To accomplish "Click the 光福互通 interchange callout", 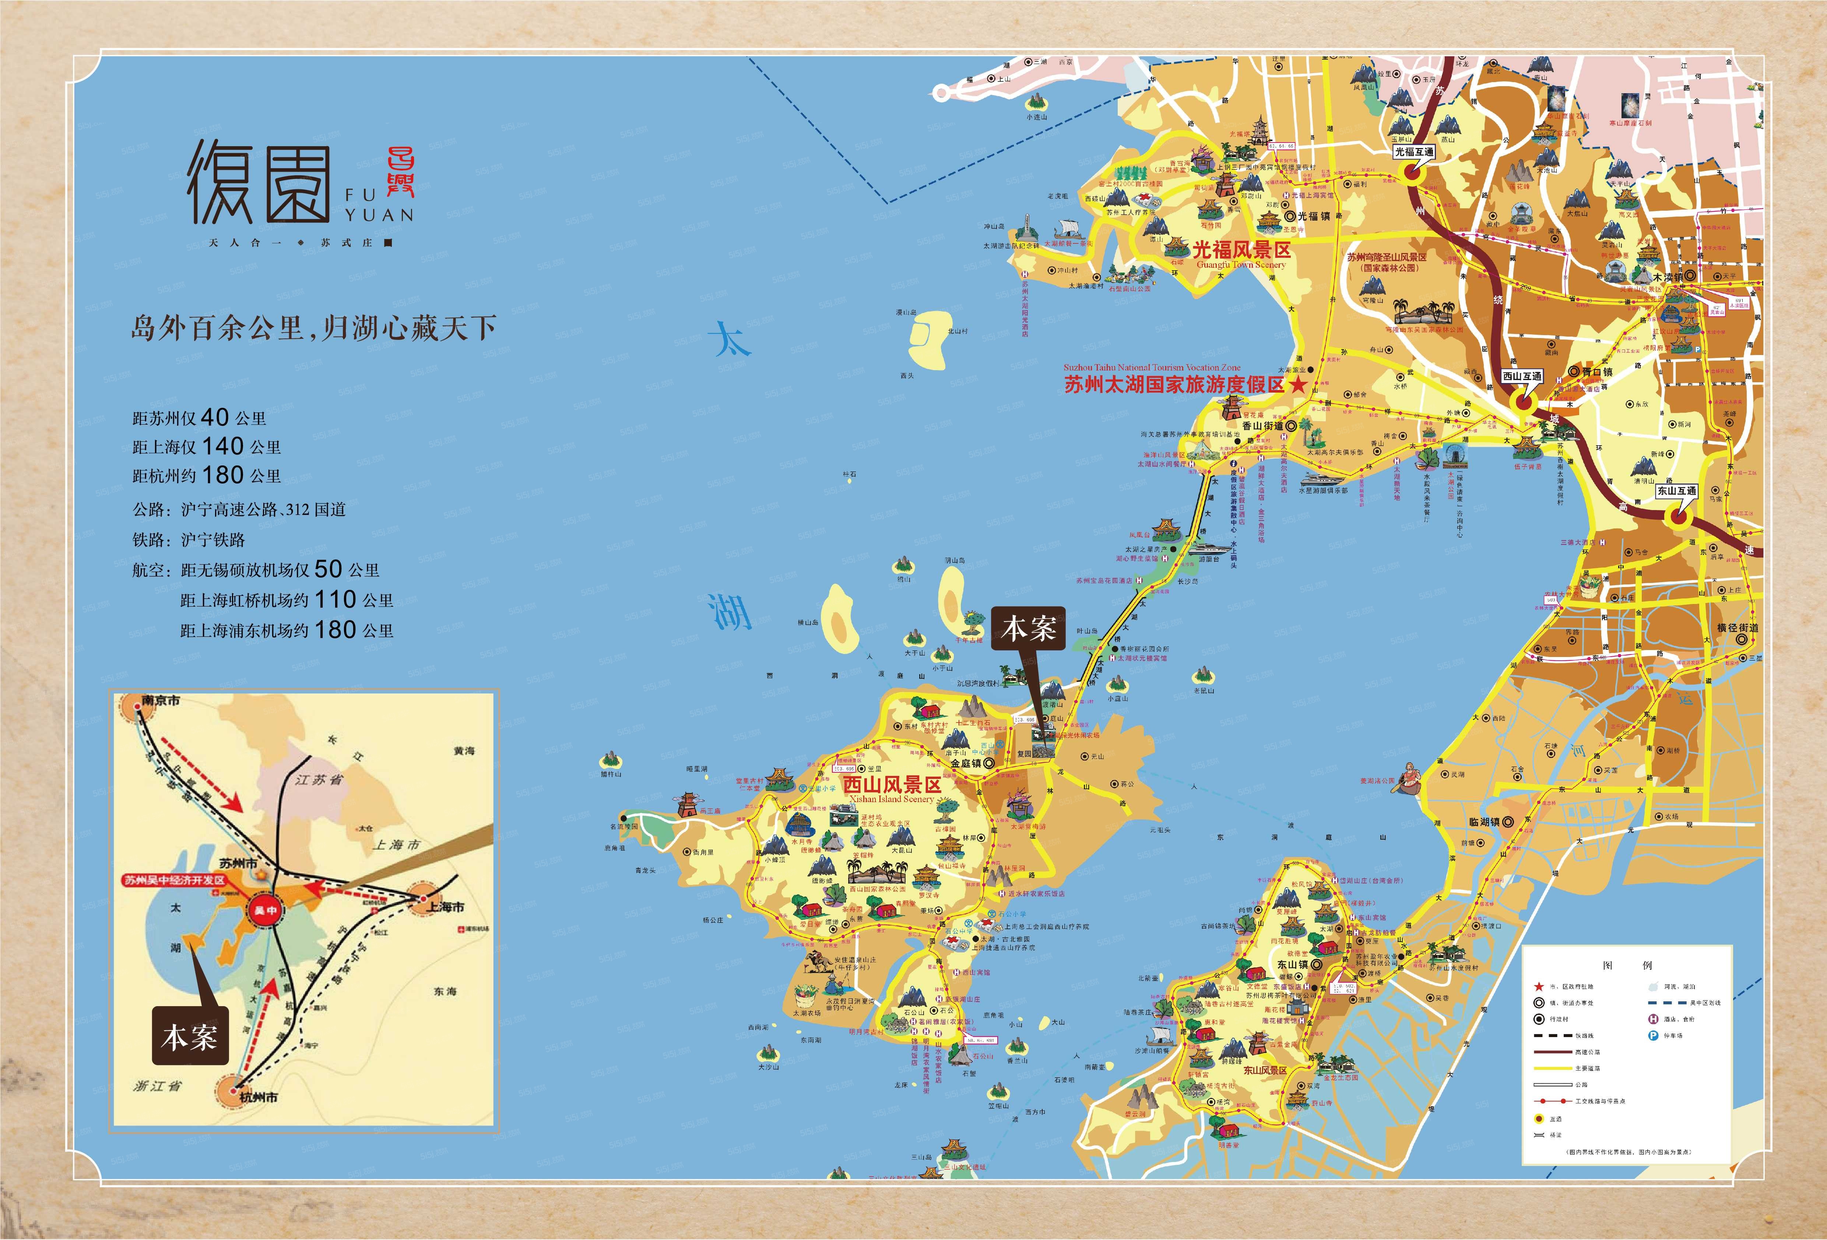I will pos(1413,152).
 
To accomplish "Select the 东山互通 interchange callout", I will pos(1677,491).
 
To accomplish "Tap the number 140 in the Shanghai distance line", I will pos(222,446).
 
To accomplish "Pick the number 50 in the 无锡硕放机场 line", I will pos(328,569).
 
